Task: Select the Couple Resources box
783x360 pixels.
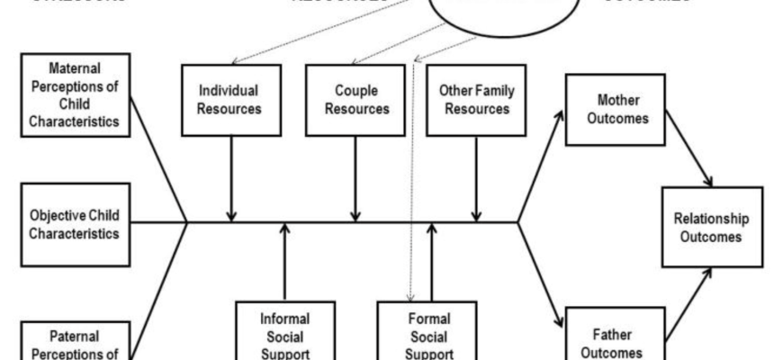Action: (x=355, y=99)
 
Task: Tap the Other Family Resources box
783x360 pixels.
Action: (x=475, y=99)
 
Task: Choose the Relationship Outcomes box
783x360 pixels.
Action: (x=712, y=227)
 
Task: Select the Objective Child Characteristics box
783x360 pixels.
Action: (x=74, y=224)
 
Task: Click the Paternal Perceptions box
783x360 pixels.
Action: (x=74, y=342)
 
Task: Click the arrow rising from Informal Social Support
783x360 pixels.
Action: (x=284, y=265)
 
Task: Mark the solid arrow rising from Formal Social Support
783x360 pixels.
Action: (x=432, y=265)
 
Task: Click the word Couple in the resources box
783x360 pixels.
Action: (x=355, y=91)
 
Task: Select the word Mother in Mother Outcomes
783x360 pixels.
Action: (x=622, y=98)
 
